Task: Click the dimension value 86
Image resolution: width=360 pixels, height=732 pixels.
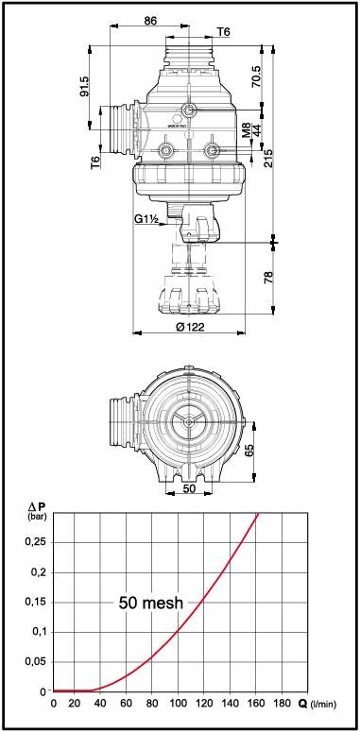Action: pyautogui.click(x=150, y=20)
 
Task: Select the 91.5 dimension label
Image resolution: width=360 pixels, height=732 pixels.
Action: pyautogui.click(x=84, y=86)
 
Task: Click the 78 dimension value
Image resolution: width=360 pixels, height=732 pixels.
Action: pyautogui.click(x=268, y=278)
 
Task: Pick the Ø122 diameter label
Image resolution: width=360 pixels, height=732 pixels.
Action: pyautogui.click(x=190, y=327)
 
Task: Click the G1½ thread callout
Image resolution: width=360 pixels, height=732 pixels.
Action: pyautogui.click(x=146, y=219)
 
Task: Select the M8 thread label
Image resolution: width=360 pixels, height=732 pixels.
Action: pyautogui.click(x=246, y=130)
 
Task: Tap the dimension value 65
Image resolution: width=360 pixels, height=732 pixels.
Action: pyautogui.click(x=249, y=451)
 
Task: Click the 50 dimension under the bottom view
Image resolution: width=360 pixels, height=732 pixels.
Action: pyautogui.click(x=189, y=488)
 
